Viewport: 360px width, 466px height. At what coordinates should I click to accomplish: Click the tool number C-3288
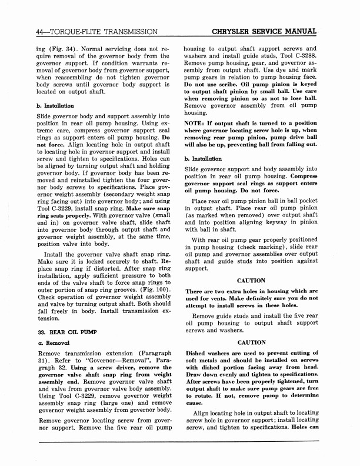click(302, 59)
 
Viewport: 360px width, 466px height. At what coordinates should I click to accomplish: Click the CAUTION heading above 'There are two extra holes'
click(251, 281)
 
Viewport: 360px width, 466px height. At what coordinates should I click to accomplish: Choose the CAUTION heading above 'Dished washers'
click(251, 342)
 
